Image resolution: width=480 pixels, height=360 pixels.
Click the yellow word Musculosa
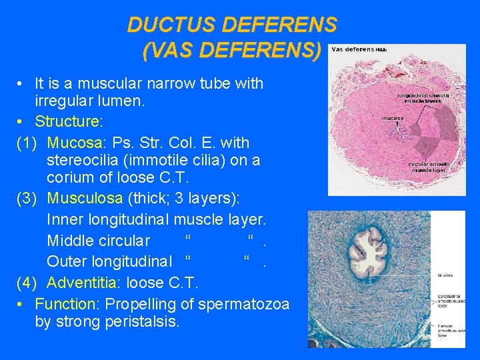[x=85, y=199]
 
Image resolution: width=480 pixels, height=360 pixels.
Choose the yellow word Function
[x=65, y=304]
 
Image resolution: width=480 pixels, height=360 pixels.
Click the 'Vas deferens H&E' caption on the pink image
[x=359, y=50]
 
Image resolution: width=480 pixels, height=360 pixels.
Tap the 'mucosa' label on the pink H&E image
[x=392, y=119]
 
